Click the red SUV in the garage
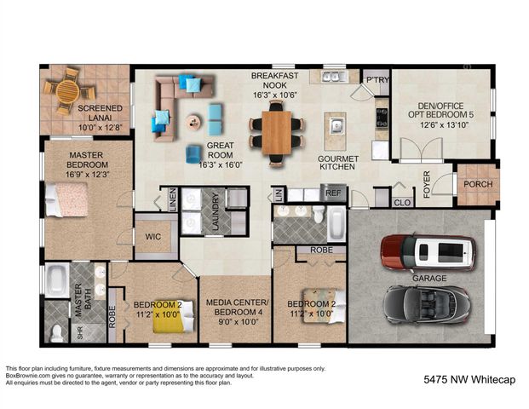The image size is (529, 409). [427, 251]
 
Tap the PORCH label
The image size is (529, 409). [477, 186]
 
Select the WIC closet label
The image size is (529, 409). [153, 236]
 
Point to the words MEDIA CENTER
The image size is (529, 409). [238, 303]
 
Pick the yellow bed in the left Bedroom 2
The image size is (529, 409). [167, 321]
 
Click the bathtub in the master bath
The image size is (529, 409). [57, 279]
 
